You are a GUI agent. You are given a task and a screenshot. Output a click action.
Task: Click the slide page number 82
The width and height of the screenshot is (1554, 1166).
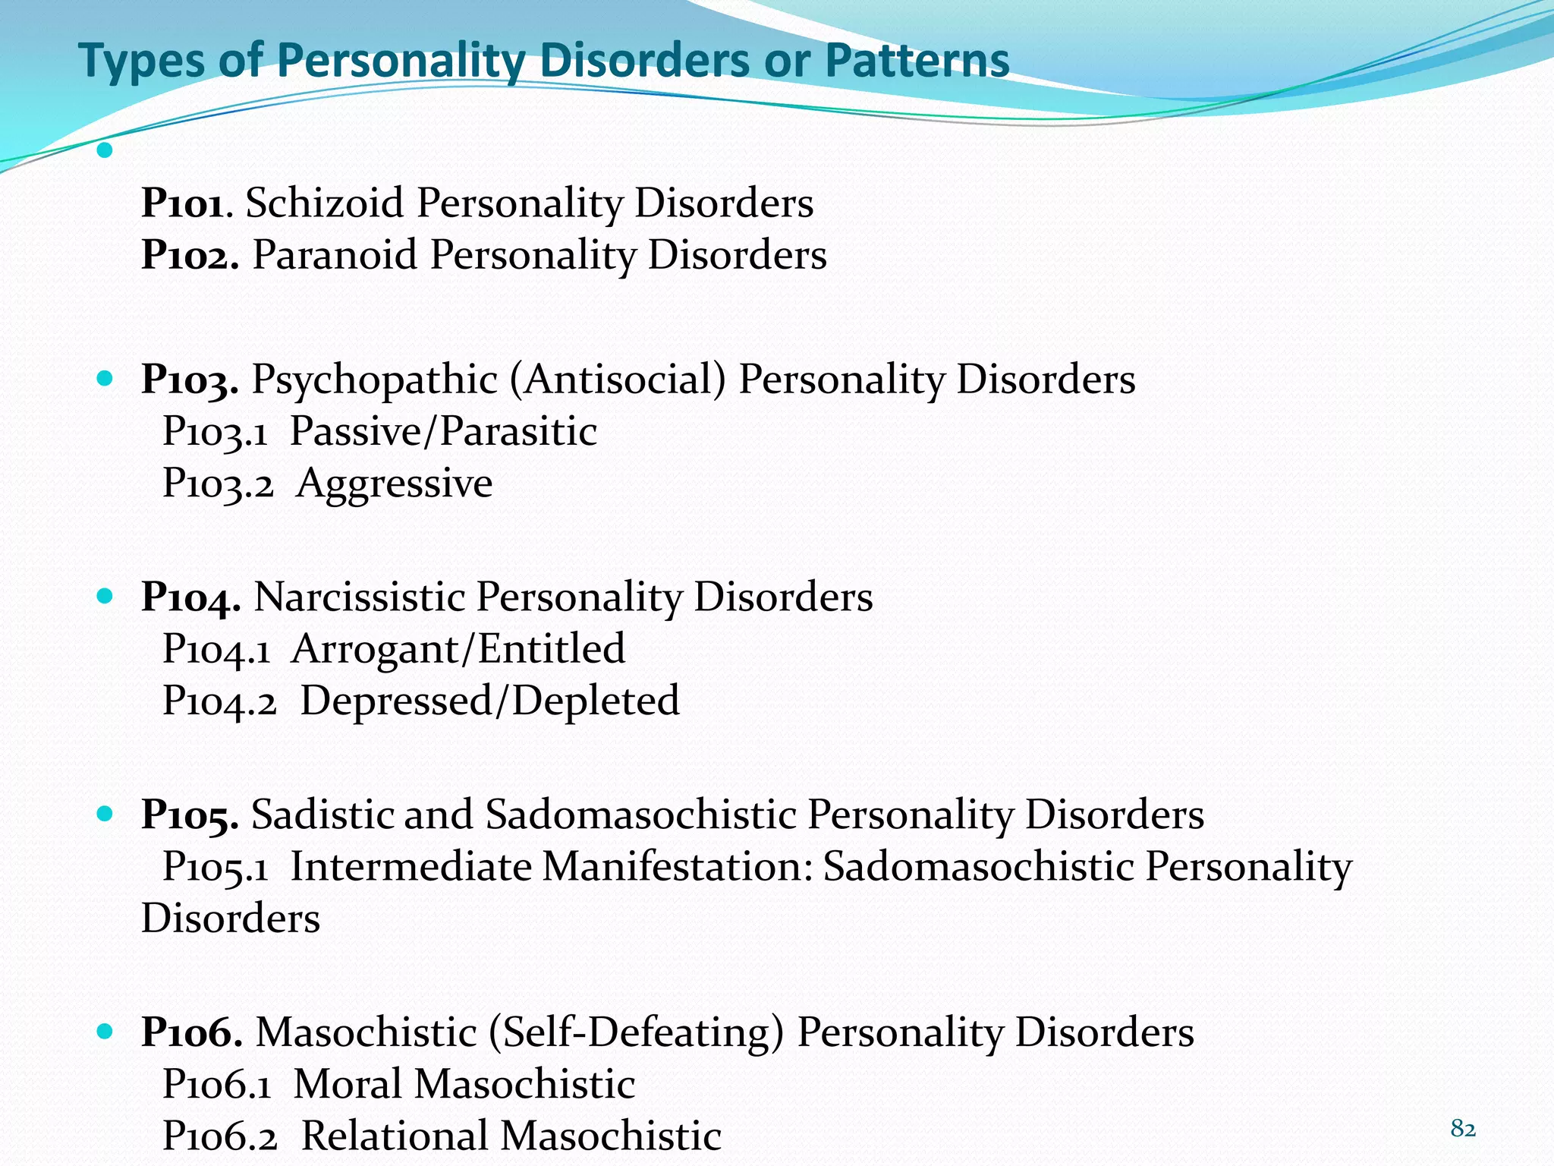point(1463,1129)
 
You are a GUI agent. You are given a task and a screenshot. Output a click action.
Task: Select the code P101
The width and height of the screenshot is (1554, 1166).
point(183,203)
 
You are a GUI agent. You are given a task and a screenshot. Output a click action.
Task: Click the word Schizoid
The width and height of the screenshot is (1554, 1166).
point(324,203)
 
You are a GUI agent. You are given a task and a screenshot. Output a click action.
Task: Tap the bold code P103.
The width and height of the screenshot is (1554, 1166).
point(190,380)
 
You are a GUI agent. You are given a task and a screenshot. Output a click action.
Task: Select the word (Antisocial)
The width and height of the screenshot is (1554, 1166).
point(618,380)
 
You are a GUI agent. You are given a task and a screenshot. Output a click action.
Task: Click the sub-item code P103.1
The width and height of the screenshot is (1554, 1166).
point(215,432)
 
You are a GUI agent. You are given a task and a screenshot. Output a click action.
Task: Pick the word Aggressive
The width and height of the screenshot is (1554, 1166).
point(395,484)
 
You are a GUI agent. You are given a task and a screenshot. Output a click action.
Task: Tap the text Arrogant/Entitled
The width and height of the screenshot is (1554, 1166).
point(458,649)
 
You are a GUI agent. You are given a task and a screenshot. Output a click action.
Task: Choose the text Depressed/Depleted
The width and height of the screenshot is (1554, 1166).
point(489,701)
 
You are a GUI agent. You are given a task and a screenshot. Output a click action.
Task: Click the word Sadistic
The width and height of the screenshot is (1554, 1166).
point(322,815)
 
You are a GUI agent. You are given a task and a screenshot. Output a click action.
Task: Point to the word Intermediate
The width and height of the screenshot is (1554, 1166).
point(411,867)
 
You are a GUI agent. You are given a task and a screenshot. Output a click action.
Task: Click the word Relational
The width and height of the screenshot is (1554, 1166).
point(395,1136)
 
